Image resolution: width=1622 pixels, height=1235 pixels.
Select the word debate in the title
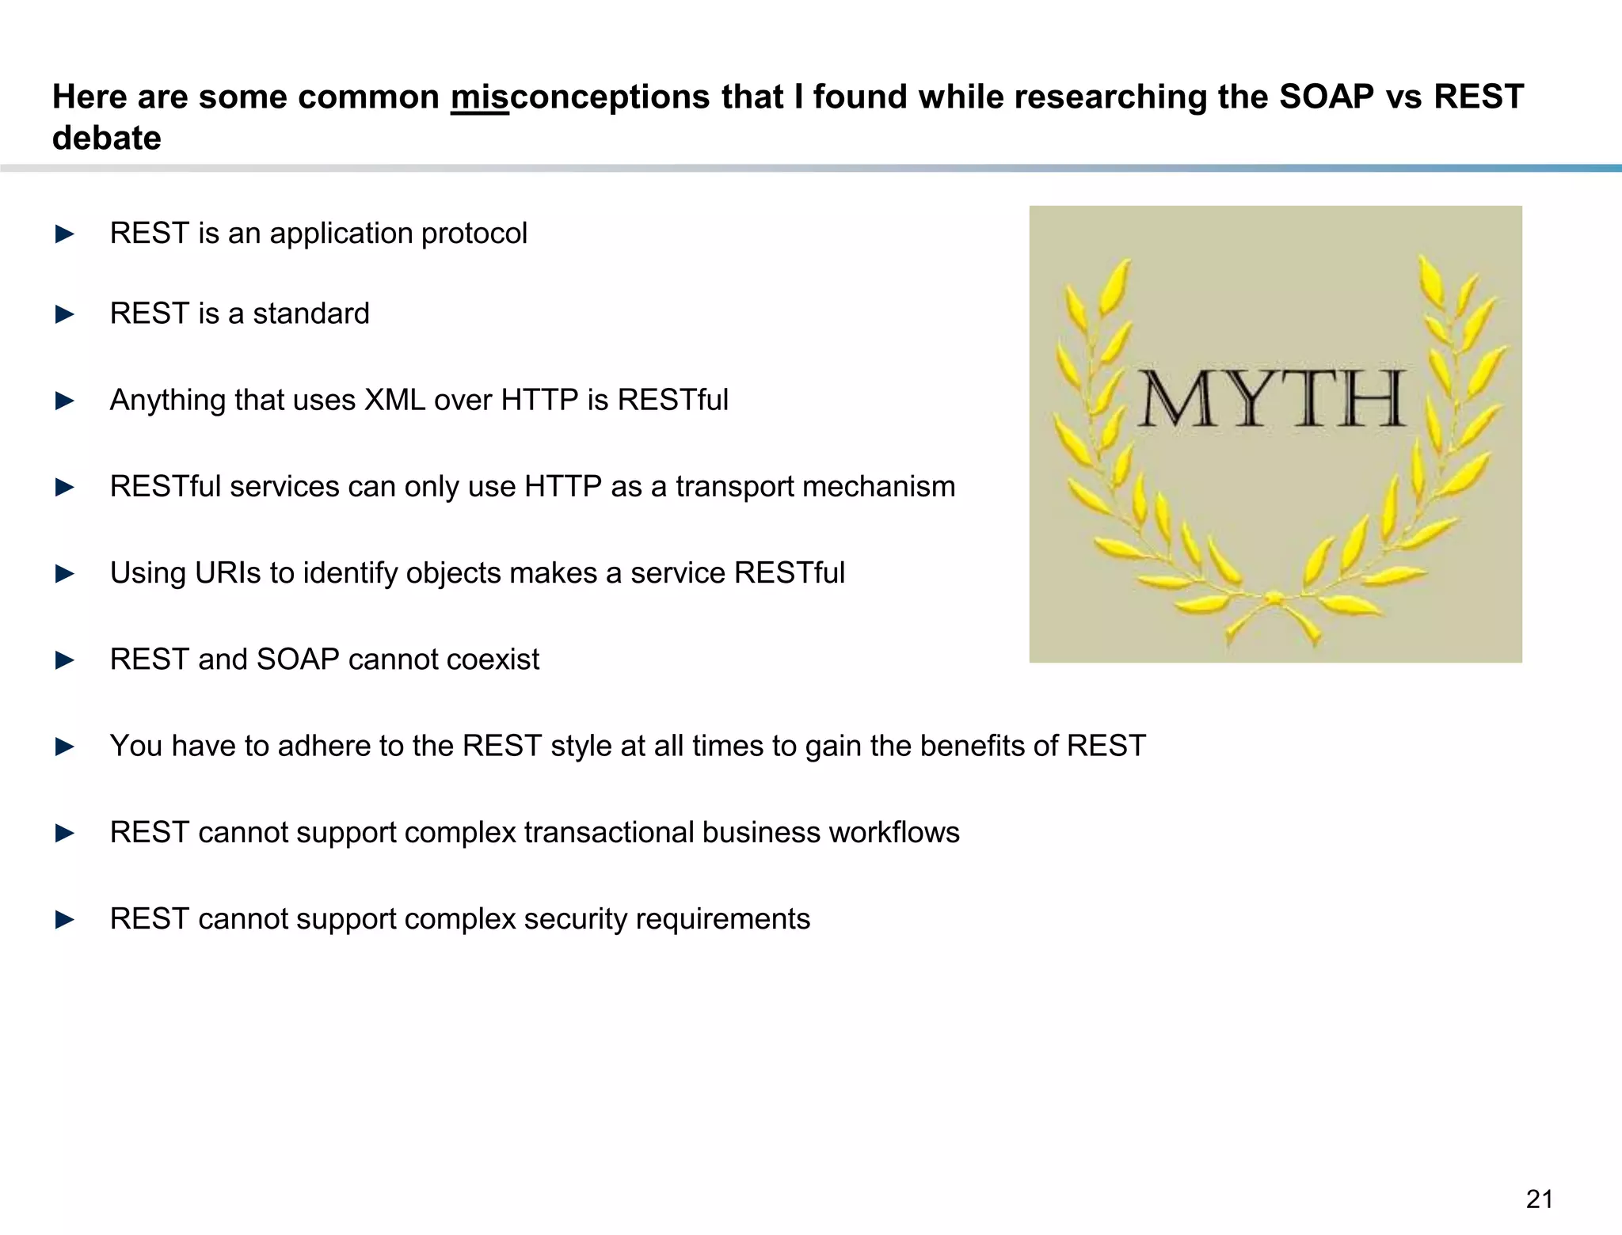(107, 139)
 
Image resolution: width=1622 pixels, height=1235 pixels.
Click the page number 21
(1539, 1199)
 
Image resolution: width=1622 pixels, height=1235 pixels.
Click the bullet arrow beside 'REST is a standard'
(65, 314)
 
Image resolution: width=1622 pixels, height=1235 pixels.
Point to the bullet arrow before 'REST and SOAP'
(65, 660)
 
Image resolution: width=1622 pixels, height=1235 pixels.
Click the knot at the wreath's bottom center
(1273, 598)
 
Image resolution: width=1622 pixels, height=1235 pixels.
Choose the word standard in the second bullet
(311, 314)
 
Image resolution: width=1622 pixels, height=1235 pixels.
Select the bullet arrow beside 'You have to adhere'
(65, 747)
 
